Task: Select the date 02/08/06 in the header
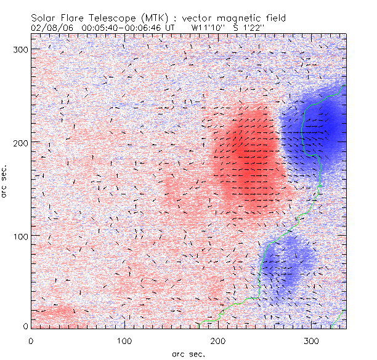tap(51, 28)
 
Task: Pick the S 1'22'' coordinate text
tap(248, 28)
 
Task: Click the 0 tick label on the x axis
tap(31, 340)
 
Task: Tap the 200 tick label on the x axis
tap(218, 340)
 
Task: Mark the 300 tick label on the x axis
tap(312, 340)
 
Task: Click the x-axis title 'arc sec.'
tap(188, 353)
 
